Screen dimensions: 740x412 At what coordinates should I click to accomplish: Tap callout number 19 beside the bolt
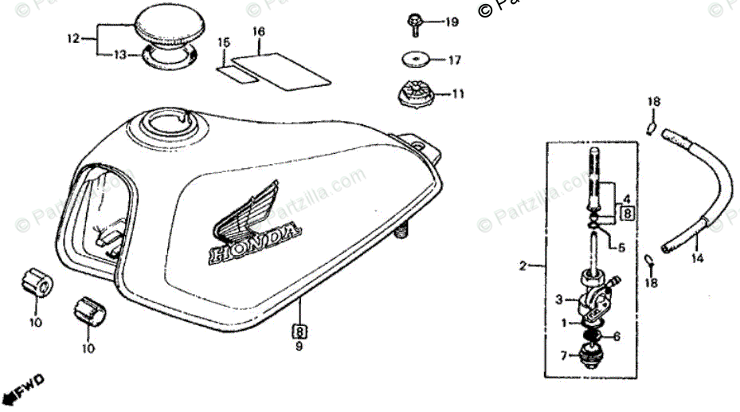pos(452,22)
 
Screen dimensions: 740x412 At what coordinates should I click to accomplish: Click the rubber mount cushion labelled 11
pos(417,94)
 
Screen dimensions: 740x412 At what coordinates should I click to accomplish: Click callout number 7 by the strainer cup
pos(563,355)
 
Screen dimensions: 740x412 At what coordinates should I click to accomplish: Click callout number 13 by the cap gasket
pos(119,54)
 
